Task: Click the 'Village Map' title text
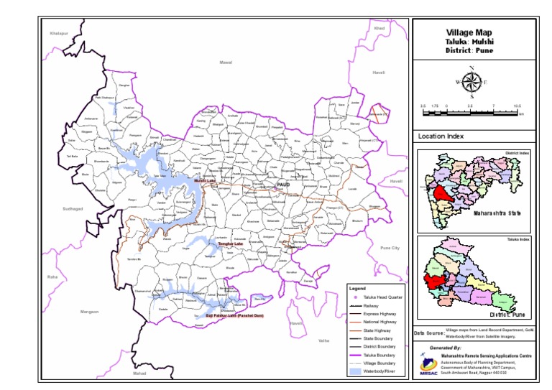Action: click(471, 33)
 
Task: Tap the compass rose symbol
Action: click(471, 82)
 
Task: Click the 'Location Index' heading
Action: click(441, 136)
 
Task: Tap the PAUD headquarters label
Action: click(283, 185)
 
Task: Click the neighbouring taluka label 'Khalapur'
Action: click(58, 34)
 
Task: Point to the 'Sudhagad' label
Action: click(73, 208)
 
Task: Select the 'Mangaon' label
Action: click(89, 312)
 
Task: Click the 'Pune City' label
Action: click(390, 248)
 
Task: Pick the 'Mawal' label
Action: click(226, 63)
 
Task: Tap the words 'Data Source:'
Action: click(429, 333)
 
